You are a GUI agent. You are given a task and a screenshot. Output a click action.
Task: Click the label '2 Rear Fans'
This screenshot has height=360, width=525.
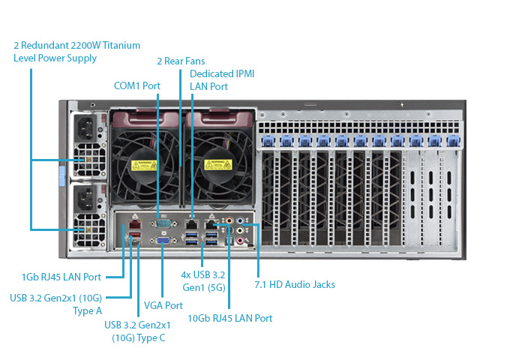pos(181,61)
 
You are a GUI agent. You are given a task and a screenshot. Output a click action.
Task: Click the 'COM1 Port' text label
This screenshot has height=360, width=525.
pos(136,85)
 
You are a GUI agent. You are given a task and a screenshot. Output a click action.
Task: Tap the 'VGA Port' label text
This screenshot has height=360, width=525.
pos(164,305)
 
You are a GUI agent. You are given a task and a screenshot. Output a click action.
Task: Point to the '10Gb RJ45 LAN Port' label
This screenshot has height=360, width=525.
pos(229,318)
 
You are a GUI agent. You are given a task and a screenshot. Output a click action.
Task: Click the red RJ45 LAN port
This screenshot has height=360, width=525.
pos(133,223)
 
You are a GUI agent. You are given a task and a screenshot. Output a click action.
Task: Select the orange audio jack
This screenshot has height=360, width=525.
pos(241,222)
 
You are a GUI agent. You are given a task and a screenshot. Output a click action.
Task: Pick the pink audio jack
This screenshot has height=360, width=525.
pos(241,241)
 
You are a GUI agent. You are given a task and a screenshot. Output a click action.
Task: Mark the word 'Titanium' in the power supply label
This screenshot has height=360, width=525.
pos(122,46)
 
